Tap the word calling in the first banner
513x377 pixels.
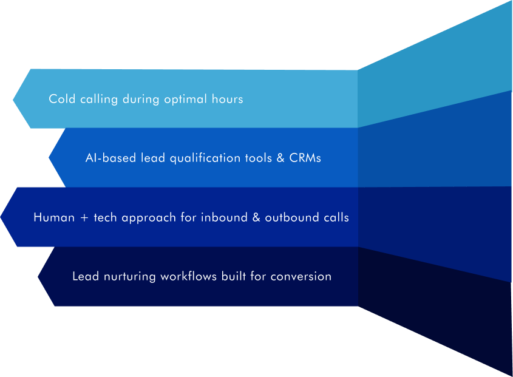[99, 100]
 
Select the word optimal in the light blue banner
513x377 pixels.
[186, 100]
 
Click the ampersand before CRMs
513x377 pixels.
[280, 158]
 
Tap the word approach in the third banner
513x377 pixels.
[148, 218]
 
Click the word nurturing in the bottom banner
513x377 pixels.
[129, 277]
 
